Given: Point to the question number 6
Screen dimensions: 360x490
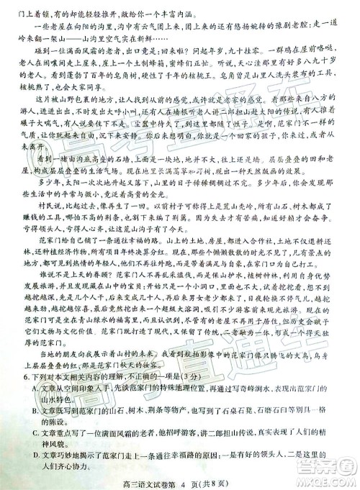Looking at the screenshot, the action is [x=25, y=375].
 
